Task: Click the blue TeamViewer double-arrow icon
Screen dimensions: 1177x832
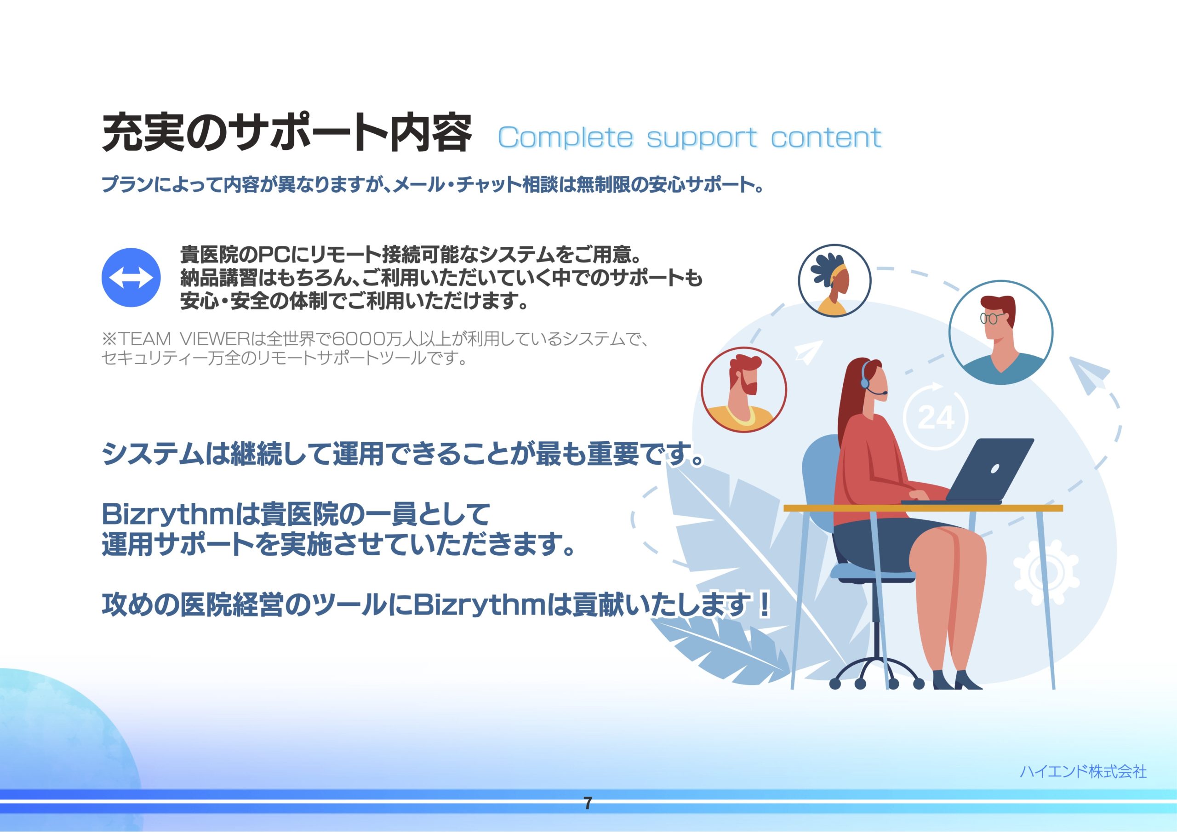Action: click(131, 278)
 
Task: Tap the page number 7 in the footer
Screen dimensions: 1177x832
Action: click(588, 803)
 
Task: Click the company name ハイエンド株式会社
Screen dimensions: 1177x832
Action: click(1083, 771)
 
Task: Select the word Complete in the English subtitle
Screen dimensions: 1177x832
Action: click(566, 137)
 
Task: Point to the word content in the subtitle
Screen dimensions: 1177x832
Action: click(826, 137)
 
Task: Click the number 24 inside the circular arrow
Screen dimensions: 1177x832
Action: click(936, 418)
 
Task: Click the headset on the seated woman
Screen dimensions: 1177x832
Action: click(871, 379)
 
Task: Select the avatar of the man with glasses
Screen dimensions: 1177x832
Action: click(1000, 332)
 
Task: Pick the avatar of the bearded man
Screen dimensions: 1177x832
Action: click(744, 390)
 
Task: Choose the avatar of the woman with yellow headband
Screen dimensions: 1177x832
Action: click(834, 280)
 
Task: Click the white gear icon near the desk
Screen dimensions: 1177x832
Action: click(1046, 573)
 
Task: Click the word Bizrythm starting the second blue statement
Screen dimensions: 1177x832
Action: click(168, 514)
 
